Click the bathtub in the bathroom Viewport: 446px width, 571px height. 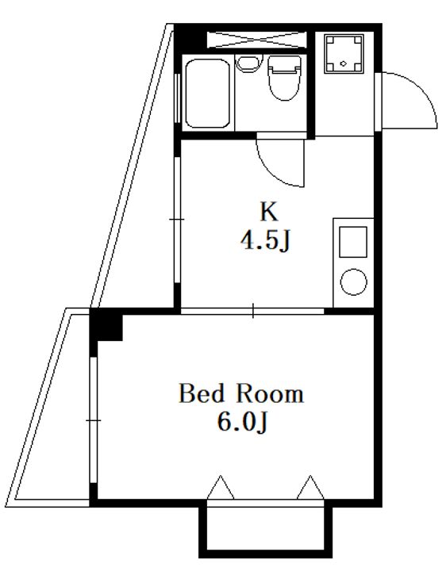pos(207,94)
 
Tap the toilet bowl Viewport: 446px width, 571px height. pos(284,78)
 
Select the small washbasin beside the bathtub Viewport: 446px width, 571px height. pos(249,63)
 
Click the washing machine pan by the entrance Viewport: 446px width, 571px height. pos(344,54)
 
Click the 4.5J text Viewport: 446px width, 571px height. pos(265,241)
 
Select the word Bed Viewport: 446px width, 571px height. pos(202,393)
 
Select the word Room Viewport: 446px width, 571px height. pos(270,393)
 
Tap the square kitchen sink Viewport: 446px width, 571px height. pos(352,242)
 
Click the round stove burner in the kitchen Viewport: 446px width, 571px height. pos(353,282)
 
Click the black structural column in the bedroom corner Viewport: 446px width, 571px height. pos(106,325)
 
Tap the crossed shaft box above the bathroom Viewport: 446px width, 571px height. pos(256,40)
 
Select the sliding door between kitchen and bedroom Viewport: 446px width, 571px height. pos(252,312)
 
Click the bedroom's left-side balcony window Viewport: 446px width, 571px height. pos(94,420)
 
